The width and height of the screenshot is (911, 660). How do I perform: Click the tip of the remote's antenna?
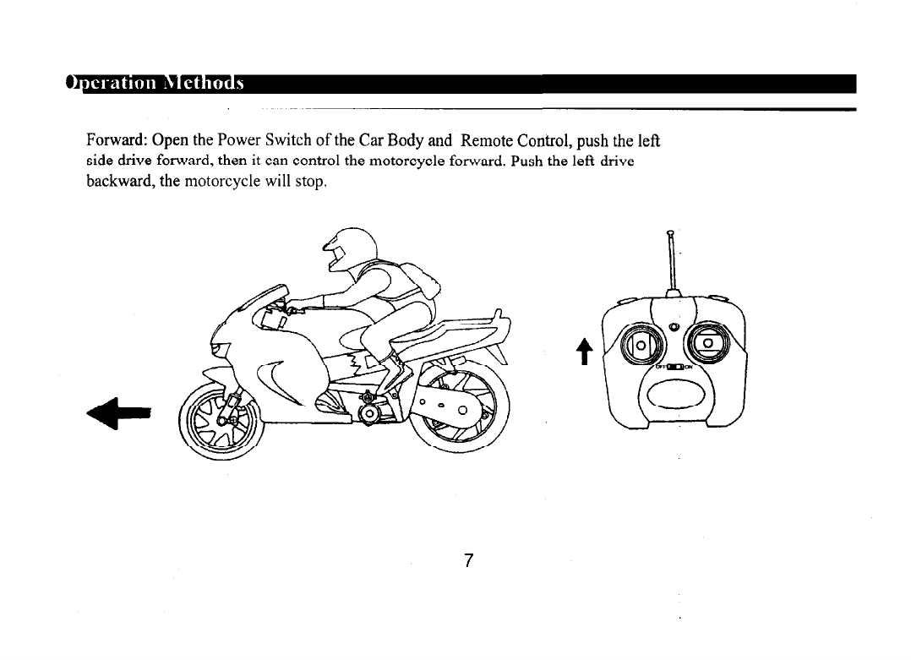[670, 233]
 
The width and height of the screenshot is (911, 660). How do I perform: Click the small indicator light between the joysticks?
[674, 328]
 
